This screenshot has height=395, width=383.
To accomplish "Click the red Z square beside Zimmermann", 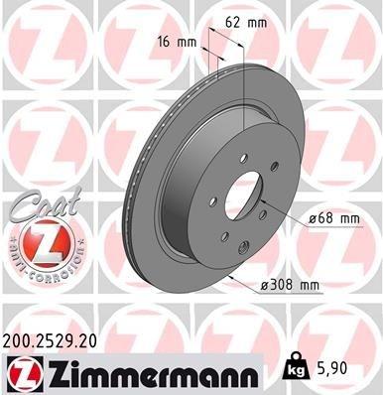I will pos(19,372).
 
